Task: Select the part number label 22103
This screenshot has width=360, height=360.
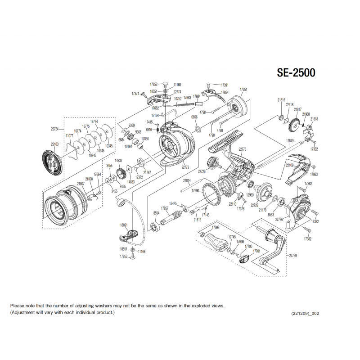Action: point(54,144)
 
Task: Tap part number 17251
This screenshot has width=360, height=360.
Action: point(243,90)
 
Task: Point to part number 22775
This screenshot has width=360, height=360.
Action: point(242,149)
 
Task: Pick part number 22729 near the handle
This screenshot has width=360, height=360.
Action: point(293,255)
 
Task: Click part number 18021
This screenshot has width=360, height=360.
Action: point(124,225)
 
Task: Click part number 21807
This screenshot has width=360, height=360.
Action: point(81,184)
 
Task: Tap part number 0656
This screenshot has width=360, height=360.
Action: point(194,117)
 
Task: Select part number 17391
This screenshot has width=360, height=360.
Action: point(225,84)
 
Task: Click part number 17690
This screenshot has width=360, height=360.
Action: point(195,191)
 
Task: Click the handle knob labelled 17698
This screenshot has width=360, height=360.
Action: point(216,243)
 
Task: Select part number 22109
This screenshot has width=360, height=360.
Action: point(289,166)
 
